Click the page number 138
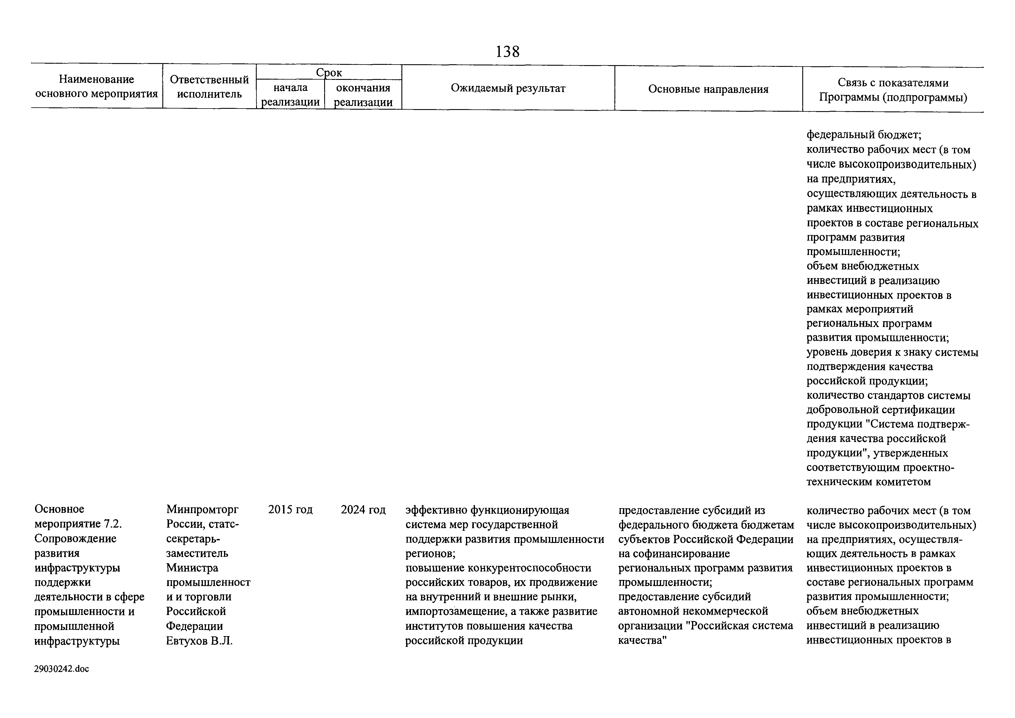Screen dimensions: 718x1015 click(508, 52)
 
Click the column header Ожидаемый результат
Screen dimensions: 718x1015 click(508, 89)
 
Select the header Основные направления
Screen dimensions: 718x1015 click(708, 89)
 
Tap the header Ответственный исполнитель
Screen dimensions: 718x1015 click(209, 87)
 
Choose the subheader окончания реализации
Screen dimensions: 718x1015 click(363, 95)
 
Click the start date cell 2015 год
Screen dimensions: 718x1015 click(291, 510)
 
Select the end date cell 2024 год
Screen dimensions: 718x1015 click(363, 510)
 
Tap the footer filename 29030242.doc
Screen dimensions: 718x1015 click(61, 669)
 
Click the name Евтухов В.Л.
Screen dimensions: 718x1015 click(199, 641)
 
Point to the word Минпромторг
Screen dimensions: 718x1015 click(203, 510)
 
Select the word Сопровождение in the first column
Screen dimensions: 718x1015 click(76, 539)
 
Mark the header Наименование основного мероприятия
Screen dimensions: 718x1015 click(96, 87)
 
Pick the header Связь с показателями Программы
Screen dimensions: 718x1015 click(893, 90)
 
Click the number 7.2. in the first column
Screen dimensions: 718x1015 click(113, 524)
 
